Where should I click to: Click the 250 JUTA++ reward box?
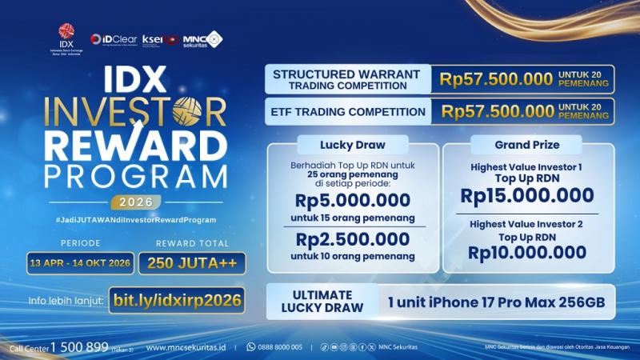click(191, 262)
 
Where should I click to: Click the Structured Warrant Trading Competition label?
click(347, 79)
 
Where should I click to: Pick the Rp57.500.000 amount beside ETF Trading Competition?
click(497, 111)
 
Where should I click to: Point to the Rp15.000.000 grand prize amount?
click(527, 195)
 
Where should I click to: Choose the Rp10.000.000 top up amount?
click(527, 253)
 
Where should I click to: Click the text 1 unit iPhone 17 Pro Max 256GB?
click(501, 303)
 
